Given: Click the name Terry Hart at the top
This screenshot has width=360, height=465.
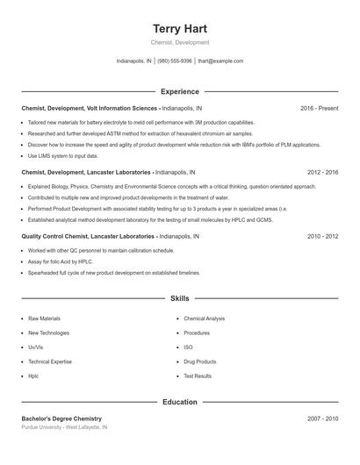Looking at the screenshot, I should point(179,29).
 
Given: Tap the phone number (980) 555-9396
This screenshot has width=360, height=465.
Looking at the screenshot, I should point(175,61).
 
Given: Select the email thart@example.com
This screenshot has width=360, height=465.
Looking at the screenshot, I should point(220,61).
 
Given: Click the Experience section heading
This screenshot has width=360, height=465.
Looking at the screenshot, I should point(179,91).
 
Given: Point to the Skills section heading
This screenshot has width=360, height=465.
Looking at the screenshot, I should point(179,299).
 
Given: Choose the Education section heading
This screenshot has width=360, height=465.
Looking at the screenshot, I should point(179,403).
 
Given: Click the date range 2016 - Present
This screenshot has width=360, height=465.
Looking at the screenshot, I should point(319,108).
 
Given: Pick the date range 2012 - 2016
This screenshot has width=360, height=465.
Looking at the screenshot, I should point(322,173).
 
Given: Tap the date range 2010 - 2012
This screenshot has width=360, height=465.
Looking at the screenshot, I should point(322,237).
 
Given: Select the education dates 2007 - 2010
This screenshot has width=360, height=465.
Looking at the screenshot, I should point(322,419).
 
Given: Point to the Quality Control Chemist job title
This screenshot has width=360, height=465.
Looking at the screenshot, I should point(88,237).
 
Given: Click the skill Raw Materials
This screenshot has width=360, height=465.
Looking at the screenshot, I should point(46,318).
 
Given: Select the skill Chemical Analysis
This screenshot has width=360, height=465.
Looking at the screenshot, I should point(204,318).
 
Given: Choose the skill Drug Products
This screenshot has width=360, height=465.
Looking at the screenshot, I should point(199,361).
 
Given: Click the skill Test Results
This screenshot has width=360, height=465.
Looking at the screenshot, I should point(198,376).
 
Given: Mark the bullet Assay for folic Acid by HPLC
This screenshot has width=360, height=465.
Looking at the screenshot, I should point(61,261).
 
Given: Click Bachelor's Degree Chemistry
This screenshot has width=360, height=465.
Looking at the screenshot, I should point(61,419).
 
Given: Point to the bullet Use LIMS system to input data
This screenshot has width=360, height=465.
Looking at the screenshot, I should point(63,156).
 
